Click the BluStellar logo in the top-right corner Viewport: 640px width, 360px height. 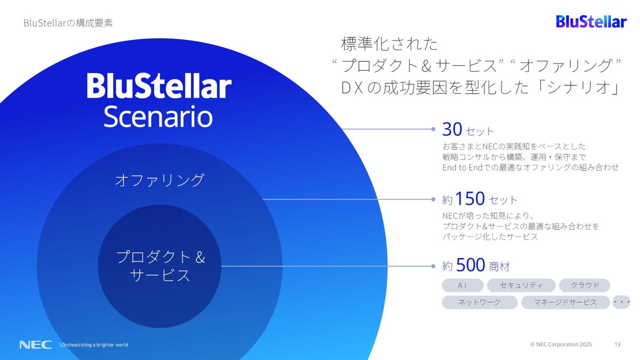tap(591, 21)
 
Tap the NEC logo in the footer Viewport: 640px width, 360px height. tap(35, 345)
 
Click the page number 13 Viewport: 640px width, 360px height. tap(618, 345)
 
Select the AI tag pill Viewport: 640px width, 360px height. tap(462, 285)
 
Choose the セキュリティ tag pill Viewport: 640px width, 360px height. tap(521, 285)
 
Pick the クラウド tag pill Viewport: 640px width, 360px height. tap(585, 285)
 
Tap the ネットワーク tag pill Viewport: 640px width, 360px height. tap(479, 302)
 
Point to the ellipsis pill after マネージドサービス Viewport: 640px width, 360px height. tap(622, 302)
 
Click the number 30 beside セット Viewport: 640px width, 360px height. tap(452, 129)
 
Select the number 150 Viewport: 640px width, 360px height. tap(470, 199)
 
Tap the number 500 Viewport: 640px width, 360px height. tap(470, 265)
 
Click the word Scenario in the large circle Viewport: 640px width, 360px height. tap(158, 117)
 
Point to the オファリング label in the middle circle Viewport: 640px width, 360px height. tap(159, 180)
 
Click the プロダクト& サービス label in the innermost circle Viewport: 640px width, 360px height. tap(160, 266)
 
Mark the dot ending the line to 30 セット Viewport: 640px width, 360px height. tap(434, 129)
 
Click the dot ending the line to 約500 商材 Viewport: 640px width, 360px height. tap(434, 265)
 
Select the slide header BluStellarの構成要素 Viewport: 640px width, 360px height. tap(68, 23)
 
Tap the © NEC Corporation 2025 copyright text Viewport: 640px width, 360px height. tap(561, 345)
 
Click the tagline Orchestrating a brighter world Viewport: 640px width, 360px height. tap(95, 345)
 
